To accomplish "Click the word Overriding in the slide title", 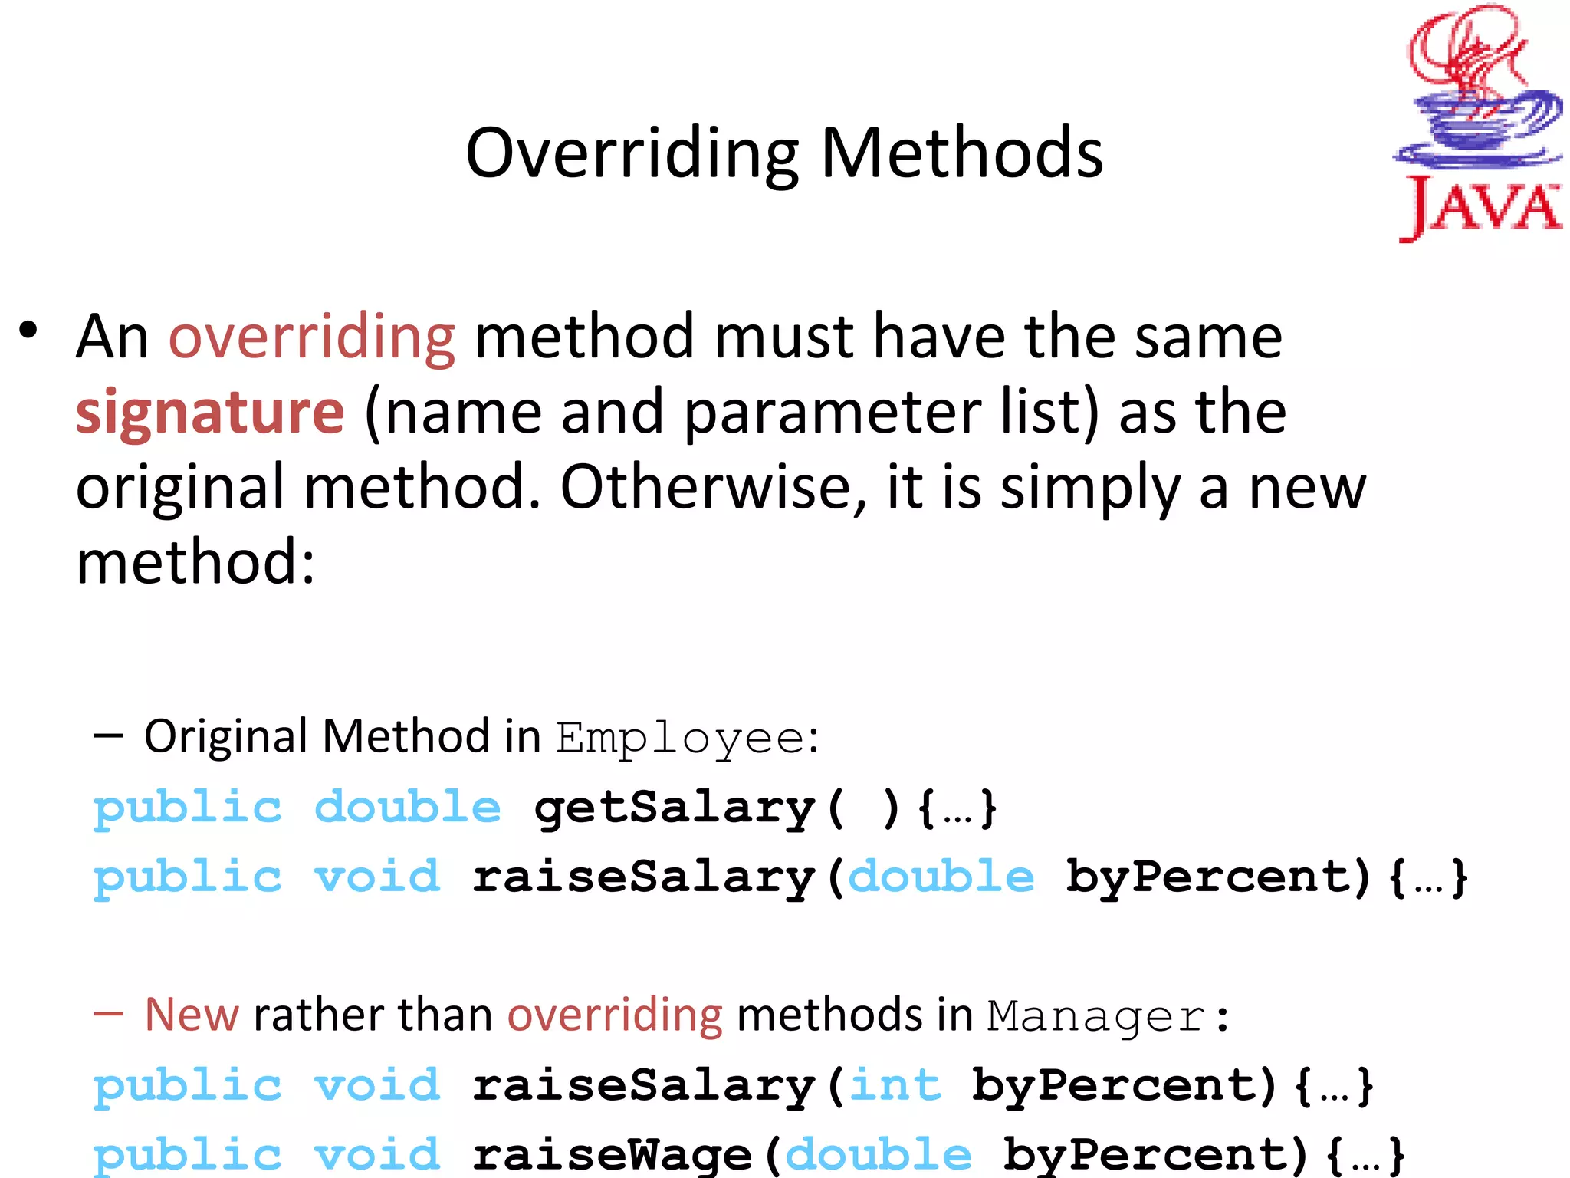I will tap(632, 153).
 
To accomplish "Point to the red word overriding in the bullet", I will tap(312, 337).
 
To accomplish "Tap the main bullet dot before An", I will tap(29, 331).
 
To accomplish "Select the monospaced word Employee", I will tap(680, 739).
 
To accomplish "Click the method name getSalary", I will tap(675, 808).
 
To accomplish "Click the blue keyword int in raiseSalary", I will tap(895, 1086).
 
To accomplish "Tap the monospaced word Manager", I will tap(1096, 1018).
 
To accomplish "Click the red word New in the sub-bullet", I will tap(192, 1015).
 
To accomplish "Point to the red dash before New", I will tap(108, 1015).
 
